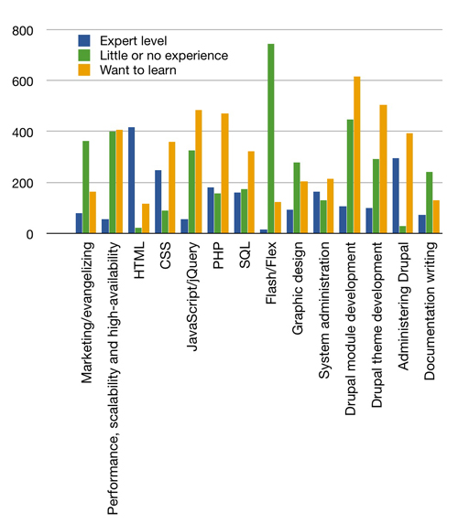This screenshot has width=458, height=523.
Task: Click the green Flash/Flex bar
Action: pos(271,139)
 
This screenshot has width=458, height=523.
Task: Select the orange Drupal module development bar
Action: pos(357,155)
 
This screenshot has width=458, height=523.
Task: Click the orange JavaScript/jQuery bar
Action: pos(198,172)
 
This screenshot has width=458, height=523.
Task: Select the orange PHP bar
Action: pos(224,174)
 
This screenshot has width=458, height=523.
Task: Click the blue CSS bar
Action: pos(158,202)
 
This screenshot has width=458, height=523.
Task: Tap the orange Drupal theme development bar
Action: pos(384,169)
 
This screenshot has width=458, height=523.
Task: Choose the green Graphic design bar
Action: pos(297,198)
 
